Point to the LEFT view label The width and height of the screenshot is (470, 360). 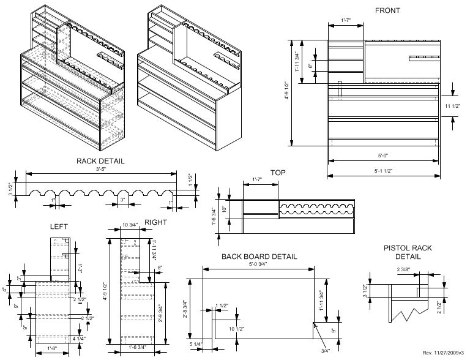59,227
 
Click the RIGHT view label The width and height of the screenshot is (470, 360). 155,222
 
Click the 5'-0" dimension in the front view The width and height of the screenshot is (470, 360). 383,156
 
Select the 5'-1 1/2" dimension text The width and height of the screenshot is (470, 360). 383,170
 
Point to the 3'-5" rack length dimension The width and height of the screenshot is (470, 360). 100,168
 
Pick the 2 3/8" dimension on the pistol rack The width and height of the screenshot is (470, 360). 403,270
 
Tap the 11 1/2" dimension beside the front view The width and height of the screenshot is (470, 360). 453,107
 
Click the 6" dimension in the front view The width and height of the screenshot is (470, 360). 311,66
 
